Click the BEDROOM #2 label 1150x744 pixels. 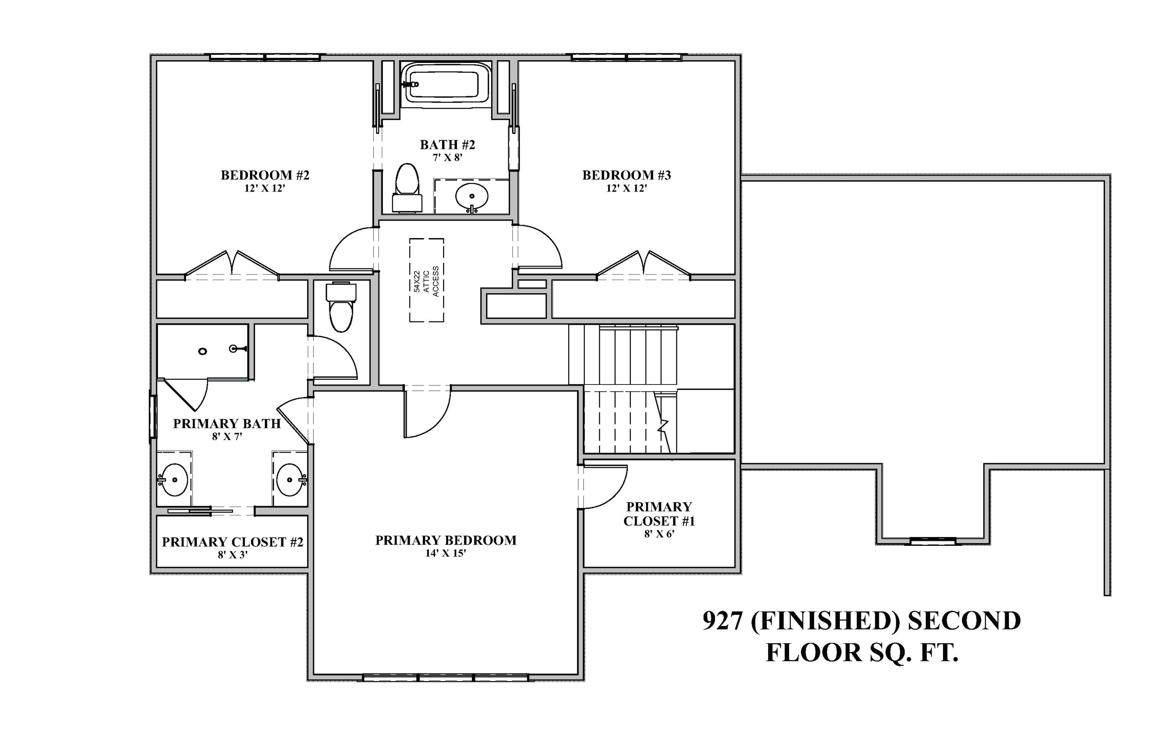[265, 175]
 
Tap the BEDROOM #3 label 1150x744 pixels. [626, 175]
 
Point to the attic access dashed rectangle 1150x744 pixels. [426, 280]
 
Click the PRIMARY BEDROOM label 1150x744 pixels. [445, 540]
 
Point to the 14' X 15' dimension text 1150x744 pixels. [445, 553]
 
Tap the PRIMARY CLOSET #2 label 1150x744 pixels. [232, 542]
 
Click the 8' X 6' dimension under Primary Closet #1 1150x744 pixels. [659, 534]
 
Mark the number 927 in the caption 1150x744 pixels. [722, 621]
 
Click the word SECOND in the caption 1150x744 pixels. [964, 621]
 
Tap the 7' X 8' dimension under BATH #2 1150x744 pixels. [447, 158]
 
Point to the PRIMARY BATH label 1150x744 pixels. [227, 424]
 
